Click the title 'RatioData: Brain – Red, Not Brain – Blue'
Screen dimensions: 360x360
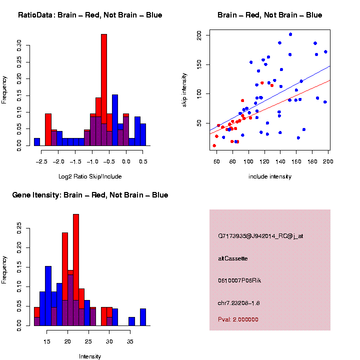(90, 15)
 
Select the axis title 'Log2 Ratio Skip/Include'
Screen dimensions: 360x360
(90, 176)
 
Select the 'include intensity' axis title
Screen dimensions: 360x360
(269, 176)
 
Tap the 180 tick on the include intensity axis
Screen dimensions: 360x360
(312, 161)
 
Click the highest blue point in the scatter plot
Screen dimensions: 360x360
(290, 34)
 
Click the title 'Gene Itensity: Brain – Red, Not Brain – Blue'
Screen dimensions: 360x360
(90, 195)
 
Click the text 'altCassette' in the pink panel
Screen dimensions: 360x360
(233, 258)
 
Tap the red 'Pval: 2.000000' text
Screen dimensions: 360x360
(238, 319)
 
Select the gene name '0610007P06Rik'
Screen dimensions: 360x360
(239, 280)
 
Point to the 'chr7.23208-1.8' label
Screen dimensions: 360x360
(239, 303)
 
